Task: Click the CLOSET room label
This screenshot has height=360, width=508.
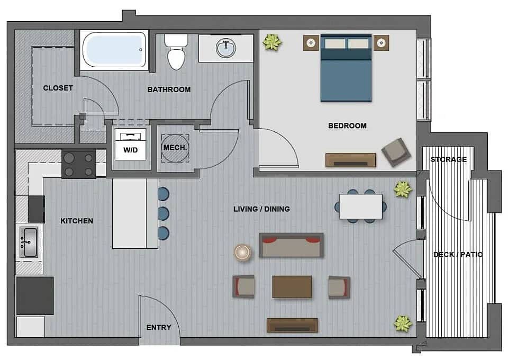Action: point(58,88)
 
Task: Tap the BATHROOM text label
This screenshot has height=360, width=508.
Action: point(169,89)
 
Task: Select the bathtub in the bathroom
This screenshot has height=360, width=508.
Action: point(114,50)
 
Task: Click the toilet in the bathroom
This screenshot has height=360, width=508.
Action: point(176,52)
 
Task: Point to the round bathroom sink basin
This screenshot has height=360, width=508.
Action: point(226,48)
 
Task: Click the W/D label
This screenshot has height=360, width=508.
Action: point(131,150)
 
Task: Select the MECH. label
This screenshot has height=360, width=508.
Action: point(175,148)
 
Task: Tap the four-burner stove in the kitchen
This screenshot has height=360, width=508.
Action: point(79,164)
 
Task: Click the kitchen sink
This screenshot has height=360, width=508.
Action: point(29,242)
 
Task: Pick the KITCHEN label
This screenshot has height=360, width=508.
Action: point(77,221)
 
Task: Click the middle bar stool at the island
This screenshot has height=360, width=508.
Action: point(164,213)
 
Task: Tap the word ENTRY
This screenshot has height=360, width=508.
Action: point(159,328)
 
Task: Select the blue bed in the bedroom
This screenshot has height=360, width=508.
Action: point(346,68)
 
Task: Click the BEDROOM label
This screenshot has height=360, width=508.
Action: point(347,125)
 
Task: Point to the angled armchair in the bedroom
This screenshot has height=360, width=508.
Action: point(396,152)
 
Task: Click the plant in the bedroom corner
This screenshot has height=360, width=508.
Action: point(272,42)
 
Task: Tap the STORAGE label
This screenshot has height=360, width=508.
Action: point(449,159)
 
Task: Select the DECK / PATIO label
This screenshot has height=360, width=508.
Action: point(458,255)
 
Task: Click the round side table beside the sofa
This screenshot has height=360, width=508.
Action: point(243,253)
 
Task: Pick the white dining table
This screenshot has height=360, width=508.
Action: point(360,206)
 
